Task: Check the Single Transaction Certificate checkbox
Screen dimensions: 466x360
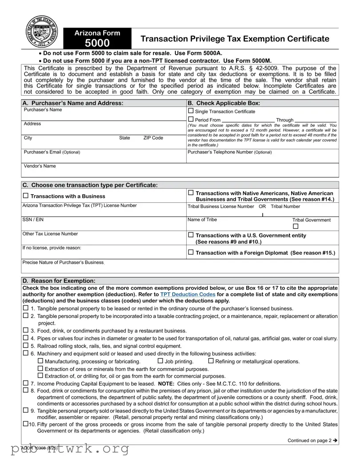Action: click(x=191, y=111)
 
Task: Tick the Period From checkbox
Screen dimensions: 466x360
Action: click(x=191, y=120)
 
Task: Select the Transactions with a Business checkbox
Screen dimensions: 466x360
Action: click(x=25, y=196)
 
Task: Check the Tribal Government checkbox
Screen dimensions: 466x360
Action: click(x=296, y=227)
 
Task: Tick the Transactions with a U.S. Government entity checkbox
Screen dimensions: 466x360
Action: click(x=191, y=235)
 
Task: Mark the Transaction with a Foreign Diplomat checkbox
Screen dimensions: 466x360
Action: click(x=191, y=252)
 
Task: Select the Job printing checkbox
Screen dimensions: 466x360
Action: click(x=160, y=361)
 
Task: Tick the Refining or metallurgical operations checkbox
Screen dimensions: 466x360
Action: click(x=211, y=361)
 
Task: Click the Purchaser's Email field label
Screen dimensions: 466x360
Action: click(x=52, y=152)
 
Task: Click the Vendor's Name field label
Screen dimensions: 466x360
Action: click(x=40, y=166)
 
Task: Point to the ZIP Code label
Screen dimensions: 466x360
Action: click(x=153, y=138)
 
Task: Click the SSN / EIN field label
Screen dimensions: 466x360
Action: click(x=34, y=220)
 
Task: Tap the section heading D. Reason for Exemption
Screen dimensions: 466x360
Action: click(x=59, y=281)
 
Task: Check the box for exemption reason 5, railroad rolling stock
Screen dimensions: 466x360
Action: click(x=25, y=345)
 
